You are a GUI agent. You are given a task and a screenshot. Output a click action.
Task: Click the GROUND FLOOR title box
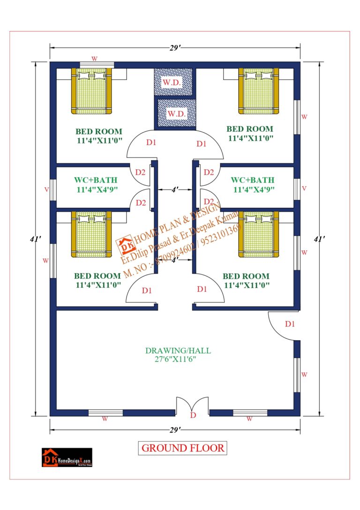[182, 448]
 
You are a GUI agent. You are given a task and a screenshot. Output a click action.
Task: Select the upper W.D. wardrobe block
[173, 82]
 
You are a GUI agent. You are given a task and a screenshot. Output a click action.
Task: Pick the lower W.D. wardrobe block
[177, 113]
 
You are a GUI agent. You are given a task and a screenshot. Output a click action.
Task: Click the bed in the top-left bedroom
[91, 91]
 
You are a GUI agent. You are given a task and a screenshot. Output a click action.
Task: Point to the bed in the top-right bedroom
[259, 91]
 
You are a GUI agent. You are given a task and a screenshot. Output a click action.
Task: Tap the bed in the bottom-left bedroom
[91, 234]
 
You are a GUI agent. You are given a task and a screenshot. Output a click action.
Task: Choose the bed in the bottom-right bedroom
[259, 234]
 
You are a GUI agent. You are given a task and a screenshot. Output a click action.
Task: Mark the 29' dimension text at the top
[175, 48]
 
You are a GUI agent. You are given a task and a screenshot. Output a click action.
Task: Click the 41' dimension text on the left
[35, 239]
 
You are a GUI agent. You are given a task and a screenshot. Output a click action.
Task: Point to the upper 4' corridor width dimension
[175, 189]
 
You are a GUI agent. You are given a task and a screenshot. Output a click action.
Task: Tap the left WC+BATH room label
[96, 184]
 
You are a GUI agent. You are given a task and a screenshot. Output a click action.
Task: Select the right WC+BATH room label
[253, 184]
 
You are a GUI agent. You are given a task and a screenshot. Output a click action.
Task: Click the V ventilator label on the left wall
[46, 189]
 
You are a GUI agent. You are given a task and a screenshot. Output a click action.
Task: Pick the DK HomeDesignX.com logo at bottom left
[67, 457]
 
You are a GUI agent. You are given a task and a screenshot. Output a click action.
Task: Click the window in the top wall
[97, 65]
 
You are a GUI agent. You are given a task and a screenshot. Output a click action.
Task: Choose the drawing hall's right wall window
[297, 375]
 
